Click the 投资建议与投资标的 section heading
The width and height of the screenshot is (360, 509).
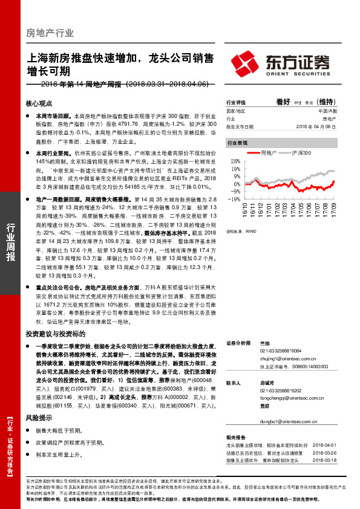(56, 333)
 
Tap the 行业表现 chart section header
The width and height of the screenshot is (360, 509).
(237, 143)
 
